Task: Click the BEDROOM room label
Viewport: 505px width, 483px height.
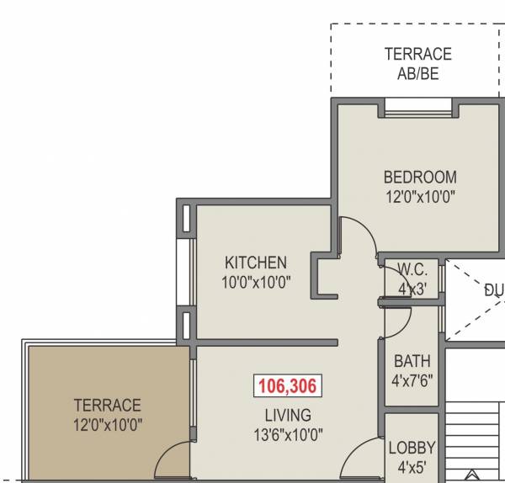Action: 420,178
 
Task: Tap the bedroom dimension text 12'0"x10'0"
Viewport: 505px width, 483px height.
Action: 420,198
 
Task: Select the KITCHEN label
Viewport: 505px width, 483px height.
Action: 256,263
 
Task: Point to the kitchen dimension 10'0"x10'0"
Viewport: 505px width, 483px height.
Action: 256,283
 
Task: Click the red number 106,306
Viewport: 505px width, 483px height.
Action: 286,387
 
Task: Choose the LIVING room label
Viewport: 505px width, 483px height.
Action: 287,415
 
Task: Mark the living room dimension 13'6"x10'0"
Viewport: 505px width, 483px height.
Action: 287,434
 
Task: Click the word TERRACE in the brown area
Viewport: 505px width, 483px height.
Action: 107,406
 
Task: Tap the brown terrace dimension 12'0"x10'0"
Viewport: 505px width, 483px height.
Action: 107,425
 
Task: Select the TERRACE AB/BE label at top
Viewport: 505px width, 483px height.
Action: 417,63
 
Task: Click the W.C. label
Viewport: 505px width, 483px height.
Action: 412,270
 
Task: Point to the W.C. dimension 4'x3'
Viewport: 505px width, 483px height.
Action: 412,289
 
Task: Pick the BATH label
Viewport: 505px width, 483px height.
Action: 412,362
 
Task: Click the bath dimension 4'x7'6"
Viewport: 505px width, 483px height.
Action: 412,381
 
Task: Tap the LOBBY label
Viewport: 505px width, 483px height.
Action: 412,448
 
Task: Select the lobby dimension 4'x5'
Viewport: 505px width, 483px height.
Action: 412,467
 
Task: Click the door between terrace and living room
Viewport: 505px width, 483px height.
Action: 175,459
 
